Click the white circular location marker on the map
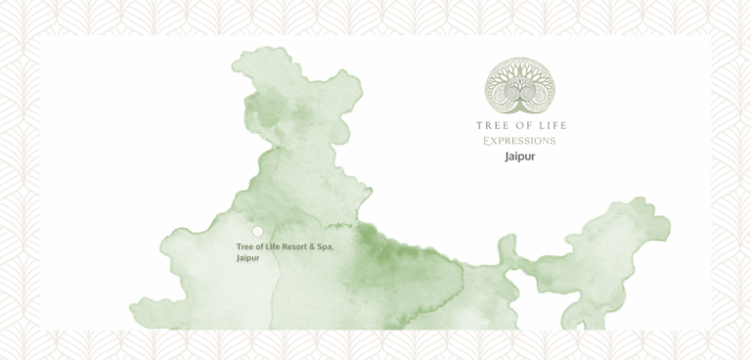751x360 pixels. tap(258, 232)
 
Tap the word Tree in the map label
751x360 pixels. tap(244, 247)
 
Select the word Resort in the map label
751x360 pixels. tap(295, 247)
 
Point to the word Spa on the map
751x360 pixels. tap(327, 247)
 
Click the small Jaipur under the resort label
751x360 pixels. tap(246, 258)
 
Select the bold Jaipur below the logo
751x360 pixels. tap(520, 157)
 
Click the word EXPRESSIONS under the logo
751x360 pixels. tap(520, 141)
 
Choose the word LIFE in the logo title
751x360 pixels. tap(551, 125)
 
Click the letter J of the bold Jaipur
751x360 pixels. tap(507, 157)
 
